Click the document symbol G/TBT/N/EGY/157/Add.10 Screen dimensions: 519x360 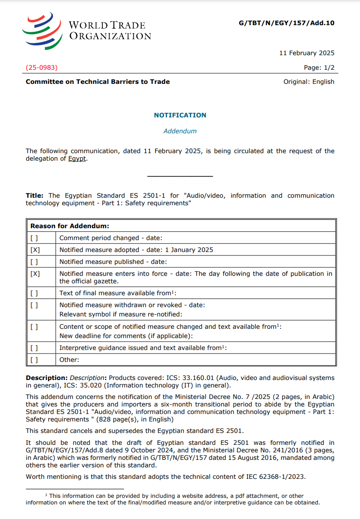(286, 23)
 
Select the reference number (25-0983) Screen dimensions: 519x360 (41, 68)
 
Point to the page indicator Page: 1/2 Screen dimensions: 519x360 (319, 68)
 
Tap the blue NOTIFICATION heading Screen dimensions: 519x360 (180, 115)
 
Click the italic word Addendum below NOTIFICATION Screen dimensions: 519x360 (180, 131)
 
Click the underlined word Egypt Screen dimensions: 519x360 (77, 159)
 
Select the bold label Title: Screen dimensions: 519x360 (34, 196)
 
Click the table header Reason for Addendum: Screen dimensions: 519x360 (70, 226)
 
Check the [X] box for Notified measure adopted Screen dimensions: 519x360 (35, 250)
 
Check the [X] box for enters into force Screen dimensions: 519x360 (35, 274)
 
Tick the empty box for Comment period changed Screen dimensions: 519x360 (34, 238)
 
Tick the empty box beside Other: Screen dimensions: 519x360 (34, 360)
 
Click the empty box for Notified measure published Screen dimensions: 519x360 (34, 262)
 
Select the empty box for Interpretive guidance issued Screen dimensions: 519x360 (34, 348)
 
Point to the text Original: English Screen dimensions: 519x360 (309, 82)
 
